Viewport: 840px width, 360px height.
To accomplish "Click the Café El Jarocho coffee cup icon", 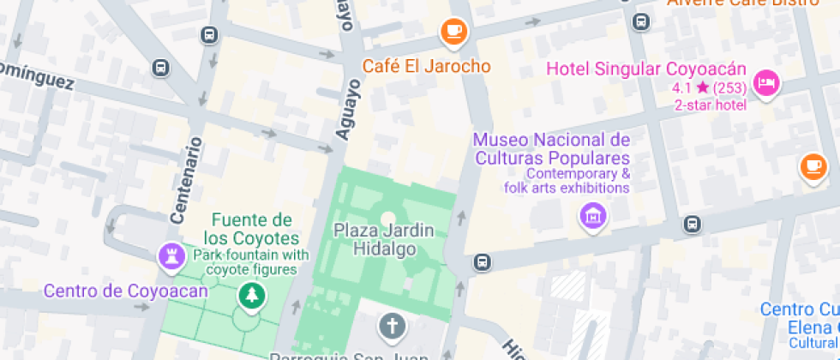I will [x=453, y=33].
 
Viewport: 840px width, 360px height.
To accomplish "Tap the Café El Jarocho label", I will [x=425, y=66].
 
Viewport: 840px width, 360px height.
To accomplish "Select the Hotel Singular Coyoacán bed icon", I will [x=765, y=83].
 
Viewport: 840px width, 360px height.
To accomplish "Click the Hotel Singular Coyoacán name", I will [x=646, y=69].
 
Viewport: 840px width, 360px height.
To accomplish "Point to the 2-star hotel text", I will [x=710, y=105].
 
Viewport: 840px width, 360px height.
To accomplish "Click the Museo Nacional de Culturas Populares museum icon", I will [x=591, y=216].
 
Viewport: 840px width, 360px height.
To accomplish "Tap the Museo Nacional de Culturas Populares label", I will [x=551, y=149].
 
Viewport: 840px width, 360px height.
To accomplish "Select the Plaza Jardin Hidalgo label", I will [x=384, y=239].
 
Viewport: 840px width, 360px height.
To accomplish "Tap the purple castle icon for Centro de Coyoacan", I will [x=171, y=255].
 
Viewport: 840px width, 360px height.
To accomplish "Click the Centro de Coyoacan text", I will [x=126, y=291].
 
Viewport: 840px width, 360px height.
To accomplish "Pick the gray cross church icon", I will [x=392, y=326].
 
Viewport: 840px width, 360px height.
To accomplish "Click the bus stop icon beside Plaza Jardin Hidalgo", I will [x=483, y=260].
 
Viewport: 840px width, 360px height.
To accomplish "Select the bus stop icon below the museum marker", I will [x=692, y=225].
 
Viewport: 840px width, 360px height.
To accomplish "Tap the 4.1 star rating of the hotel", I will [x=709, y=88].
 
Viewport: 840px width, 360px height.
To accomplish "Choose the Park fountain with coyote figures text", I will [x=250, y=262].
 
